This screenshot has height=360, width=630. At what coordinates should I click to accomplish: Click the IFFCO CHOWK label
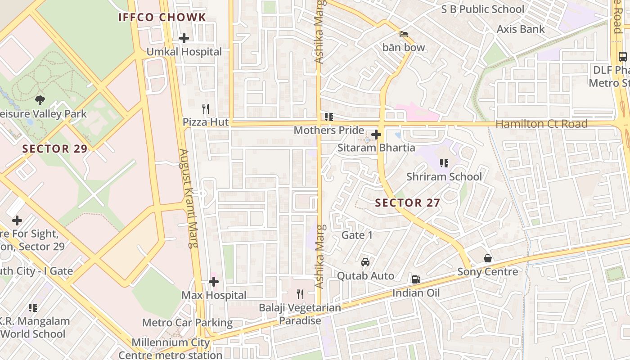pos(162,18)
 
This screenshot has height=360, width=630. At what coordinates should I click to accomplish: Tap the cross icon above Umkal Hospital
pos(184,38)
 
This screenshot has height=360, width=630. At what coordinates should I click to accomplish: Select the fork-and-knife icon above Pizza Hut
pos(206,108)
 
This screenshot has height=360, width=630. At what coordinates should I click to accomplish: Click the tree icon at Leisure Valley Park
pos(40,100)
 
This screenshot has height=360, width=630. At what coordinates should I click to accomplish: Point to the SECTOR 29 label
pos(55,148)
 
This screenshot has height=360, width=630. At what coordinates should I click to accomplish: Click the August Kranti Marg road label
pos(189,198)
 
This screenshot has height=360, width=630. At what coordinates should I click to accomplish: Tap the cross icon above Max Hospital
pos(214,282)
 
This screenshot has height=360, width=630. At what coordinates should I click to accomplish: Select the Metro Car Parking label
pos(187,323)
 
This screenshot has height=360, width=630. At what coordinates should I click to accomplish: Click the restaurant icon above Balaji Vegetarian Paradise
pos(300,294)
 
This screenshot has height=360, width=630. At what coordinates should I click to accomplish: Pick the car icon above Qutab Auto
pos(365,262)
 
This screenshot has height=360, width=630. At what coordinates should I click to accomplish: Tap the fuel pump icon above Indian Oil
pos(416,279)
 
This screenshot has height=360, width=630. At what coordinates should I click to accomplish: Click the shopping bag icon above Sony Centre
pos(488,258)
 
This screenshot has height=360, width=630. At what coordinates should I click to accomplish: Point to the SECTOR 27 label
pos(407,203)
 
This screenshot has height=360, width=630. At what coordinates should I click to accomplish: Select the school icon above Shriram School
pos(444,163)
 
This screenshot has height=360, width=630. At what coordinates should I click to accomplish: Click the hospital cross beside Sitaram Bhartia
pos(376,135)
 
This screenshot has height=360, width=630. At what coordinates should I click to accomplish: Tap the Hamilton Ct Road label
pos(541,124)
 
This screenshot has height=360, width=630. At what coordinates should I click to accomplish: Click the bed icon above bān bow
pos(404,34)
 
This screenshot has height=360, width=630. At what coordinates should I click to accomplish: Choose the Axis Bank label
pos(521,29)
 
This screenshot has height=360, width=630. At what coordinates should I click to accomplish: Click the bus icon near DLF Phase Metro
pos(623,57)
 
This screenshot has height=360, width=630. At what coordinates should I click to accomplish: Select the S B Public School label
pos(482,9)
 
